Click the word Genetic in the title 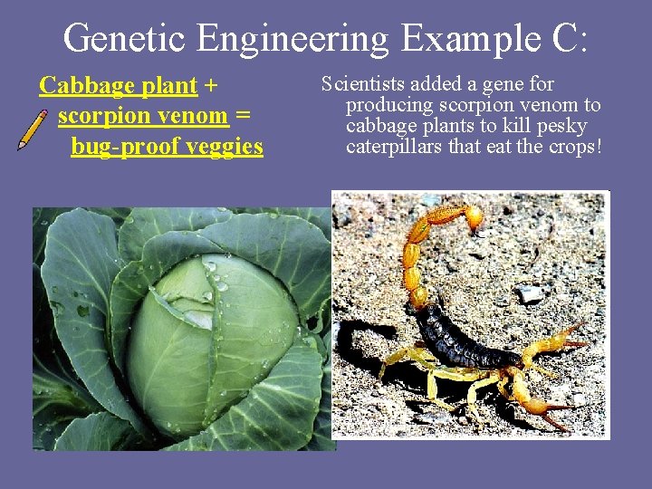[x=127, y=38]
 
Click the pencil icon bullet [x=33, y=129]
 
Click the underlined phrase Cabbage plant [x=118, y=86]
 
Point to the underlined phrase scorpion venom [x=142, y=116]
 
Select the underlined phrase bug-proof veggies [x=167, y=146]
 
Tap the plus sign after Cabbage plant [x=211, y=87]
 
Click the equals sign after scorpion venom [x=242, y=117]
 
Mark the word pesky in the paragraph [x=563, y=126]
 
